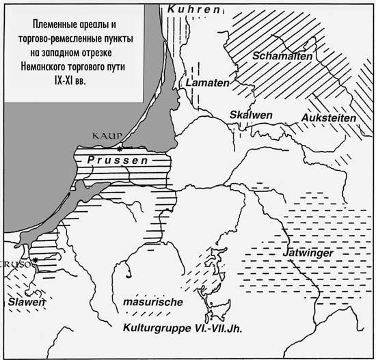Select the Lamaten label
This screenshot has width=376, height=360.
coord(202,83)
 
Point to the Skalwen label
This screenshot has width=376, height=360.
coord(247,114)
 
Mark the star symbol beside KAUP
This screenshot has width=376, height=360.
coord(120,148)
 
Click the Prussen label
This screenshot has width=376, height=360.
coord(109,160)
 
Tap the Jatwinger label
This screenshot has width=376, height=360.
coord(308,253)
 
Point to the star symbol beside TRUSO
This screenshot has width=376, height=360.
coord(34,261)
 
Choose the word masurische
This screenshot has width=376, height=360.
coord(153,301)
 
